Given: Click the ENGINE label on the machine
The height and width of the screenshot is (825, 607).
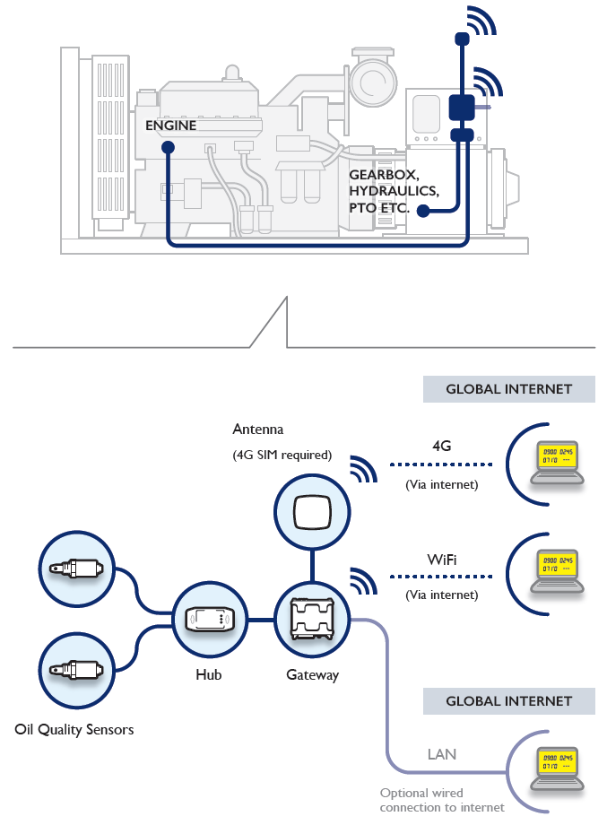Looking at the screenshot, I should [170, 126].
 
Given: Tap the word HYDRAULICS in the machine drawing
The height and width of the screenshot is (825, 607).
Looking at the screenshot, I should [395, 191].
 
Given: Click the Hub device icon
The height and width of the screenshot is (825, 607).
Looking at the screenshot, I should [208, 620].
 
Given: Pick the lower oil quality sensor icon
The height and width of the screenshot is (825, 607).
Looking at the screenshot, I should [77, 669].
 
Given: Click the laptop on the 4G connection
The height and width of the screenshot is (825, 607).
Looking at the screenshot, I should [556, 461].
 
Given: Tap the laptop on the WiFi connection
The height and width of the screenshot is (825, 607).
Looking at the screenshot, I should [556, 569].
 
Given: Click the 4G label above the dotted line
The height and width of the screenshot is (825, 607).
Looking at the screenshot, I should [441, 445].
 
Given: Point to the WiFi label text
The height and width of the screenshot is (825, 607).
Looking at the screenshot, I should [441, 560].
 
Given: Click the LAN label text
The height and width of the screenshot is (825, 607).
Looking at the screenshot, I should [441, 754].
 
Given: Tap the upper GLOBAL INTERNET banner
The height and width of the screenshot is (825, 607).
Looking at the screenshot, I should [509, 389].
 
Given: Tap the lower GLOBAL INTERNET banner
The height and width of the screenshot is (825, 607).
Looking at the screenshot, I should [509, 701].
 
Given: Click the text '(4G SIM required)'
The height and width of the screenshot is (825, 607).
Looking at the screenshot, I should [282, 455].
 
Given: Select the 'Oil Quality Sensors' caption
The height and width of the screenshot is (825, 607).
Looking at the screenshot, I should [74, 729].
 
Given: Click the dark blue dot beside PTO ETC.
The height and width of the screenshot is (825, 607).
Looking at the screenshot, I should [421, 211].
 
